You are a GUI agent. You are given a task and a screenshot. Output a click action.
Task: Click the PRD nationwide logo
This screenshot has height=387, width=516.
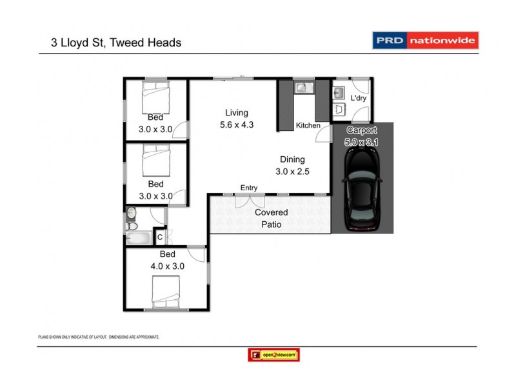coord(426,41)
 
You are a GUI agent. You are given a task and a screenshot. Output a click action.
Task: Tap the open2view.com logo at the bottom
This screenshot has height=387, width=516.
coord(273,355)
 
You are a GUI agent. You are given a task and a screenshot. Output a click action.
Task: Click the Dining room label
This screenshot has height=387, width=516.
coord(292,159)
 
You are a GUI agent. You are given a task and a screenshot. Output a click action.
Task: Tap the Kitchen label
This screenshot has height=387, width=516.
coord(308,125)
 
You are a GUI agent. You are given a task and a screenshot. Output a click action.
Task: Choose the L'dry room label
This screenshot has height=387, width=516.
coord(358,98)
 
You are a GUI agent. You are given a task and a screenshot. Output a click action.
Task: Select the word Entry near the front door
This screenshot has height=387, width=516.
coord(249,188)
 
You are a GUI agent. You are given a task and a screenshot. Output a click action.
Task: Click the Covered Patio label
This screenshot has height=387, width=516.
coord(271,218)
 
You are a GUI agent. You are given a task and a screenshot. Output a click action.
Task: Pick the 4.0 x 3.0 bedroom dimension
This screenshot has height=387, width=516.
coord(166,265)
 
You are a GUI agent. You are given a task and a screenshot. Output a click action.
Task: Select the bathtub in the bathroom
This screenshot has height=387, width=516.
coord(139,238)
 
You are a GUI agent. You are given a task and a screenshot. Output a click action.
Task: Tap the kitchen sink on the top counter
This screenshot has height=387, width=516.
coord(303,86)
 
